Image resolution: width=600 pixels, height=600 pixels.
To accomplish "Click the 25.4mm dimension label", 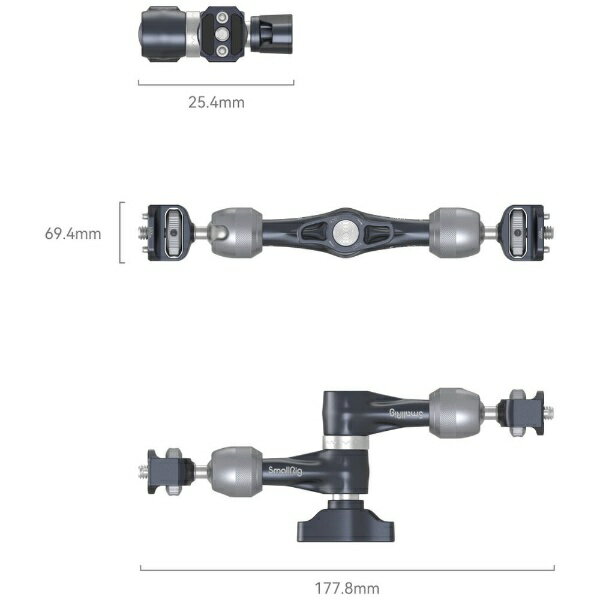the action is (216, 102).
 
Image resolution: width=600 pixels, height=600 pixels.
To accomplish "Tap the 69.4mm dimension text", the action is (73, 233).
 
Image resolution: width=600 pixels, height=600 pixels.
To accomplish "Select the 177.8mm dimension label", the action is (347, 588).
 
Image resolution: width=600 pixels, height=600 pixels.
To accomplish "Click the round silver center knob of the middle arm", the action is (344, 232).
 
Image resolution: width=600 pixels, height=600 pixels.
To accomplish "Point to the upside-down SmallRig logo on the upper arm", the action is (407, 413).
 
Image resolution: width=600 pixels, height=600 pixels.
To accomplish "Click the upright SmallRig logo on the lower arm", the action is (285, 470).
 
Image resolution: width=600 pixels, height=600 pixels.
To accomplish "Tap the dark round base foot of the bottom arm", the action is (346, 521).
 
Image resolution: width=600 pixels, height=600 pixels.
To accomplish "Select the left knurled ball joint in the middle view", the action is (236, 232).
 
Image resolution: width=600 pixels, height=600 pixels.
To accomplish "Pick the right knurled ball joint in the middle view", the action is (454, 232).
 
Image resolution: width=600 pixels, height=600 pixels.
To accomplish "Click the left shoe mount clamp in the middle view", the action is (168, 233).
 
